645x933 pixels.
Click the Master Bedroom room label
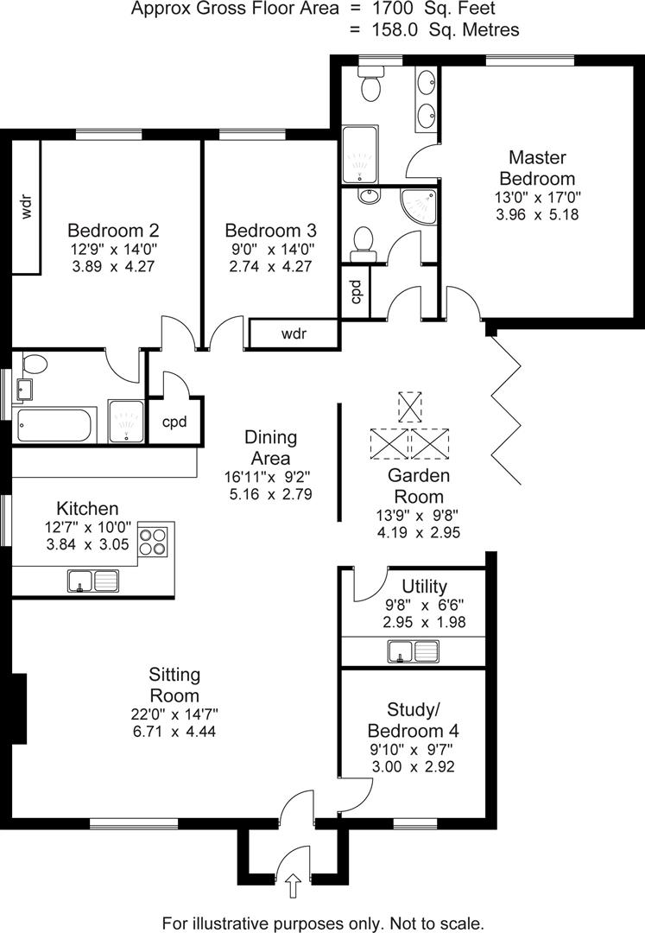tap(537, 168)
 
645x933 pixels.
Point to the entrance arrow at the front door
tap(293, 884)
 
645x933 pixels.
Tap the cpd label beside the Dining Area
tap(175, 422)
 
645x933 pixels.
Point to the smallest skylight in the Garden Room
tap(408, 407)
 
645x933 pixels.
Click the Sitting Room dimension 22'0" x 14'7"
tap(174, 714)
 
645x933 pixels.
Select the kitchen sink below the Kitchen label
tap(92, 581)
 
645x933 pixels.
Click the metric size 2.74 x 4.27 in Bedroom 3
tap(270, 266)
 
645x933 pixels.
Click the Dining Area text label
tap(270, 447)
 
